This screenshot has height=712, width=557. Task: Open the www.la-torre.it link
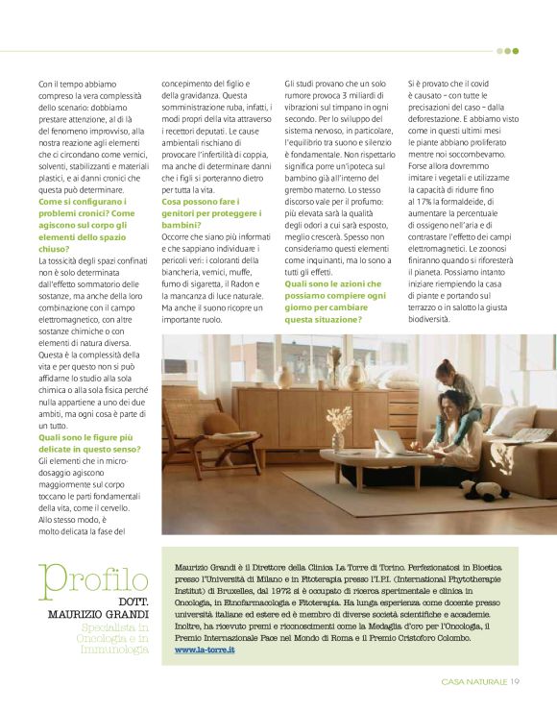tap(205, 649)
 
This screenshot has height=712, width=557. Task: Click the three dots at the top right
tap(507, 51)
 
